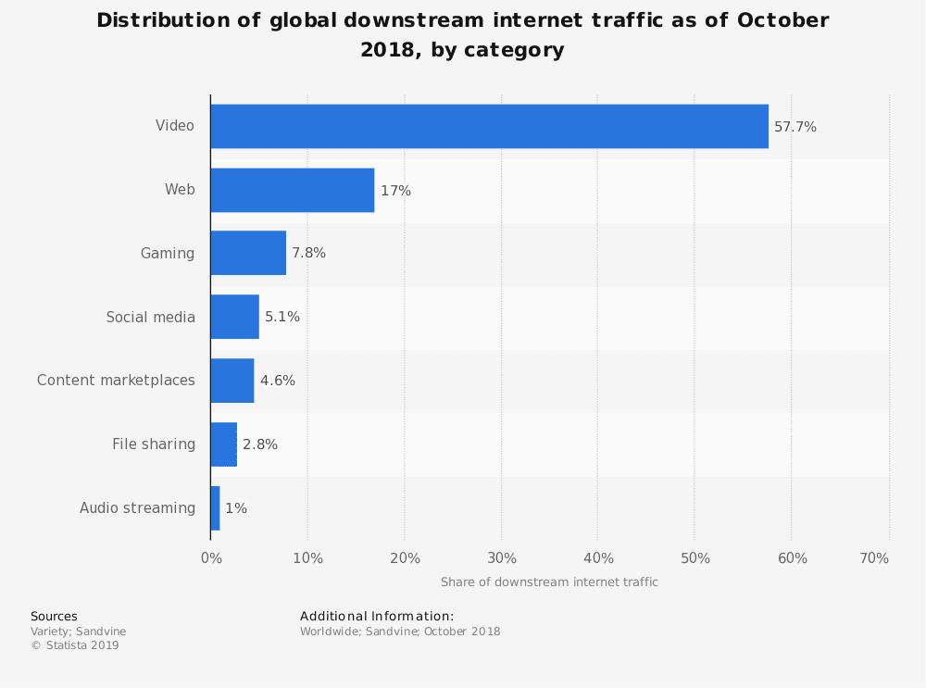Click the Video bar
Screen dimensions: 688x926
(x=489, y=126)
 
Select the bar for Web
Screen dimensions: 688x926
(x=293, y=190)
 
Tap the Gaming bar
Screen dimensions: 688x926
(x=248, y=253)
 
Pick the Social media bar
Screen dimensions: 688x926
(x=234, y=317)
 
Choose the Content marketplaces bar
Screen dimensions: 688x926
(x=232, y=380)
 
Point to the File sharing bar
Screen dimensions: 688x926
(x=224, y=444)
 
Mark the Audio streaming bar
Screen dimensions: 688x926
(x=216, y=507)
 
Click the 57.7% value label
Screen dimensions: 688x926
(x=795, y=127)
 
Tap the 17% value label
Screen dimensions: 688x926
(x=395, y=191)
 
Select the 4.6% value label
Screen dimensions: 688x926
(x=278, y=381)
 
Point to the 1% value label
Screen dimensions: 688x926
(x=236, y=508)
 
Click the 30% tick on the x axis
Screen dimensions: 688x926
(x=502, y=558)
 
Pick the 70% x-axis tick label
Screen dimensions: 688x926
(x=874, y=558)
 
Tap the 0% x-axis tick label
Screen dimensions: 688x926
(x=211, y=558)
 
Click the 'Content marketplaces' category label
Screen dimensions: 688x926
(x=116, y=380)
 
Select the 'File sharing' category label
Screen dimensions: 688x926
(x=154, y=444)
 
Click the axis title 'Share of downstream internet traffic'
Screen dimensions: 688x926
(x=549, y=582)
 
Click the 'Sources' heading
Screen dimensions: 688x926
(x=54, y=616)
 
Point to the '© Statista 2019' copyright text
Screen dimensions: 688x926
(x=75, y=645)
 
